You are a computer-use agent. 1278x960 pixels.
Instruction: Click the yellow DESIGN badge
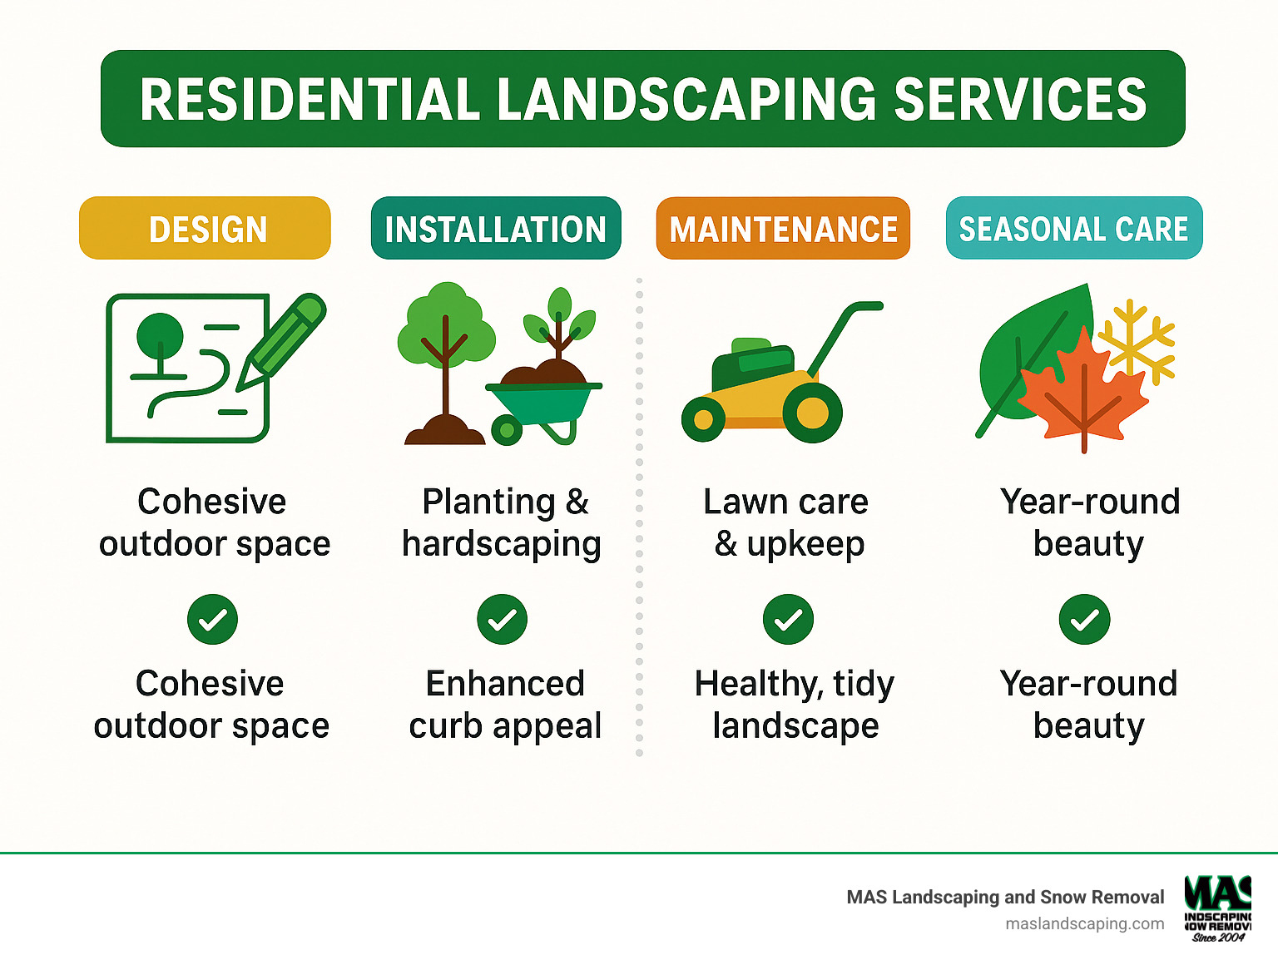[x=205, y=229]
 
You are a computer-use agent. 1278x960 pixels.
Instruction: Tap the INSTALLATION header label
[x=496, y=229]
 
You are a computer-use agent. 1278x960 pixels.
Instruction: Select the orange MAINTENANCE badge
[x=783, y=229]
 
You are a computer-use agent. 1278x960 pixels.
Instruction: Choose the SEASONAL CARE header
[x=1073, y=229]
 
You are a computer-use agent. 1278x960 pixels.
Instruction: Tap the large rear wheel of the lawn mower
[x=812, y=413]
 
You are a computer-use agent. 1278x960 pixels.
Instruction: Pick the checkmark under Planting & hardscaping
[x=502, y=620]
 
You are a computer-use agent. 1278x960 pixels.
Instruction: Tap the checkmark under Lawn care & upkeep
[x=788, y=620]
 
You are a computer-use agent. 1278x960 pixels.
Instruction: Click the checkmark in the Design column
[x=212, y=620]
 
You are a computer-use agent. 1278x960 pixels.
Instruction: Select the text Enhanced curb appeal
[x=504, y=705]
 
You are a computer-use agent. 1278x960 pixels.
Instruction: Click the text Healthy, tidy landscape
[x=795, y=705]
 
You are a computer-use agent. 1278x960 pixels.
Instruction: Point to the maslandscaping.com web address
[x=1084, y=923]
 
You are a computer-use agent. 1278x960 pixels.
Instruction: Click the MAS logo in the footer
[x=1218, y=907]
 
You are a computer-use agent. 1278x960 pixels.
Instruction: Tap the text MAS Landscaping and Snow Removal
[x=1005, y=897]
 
